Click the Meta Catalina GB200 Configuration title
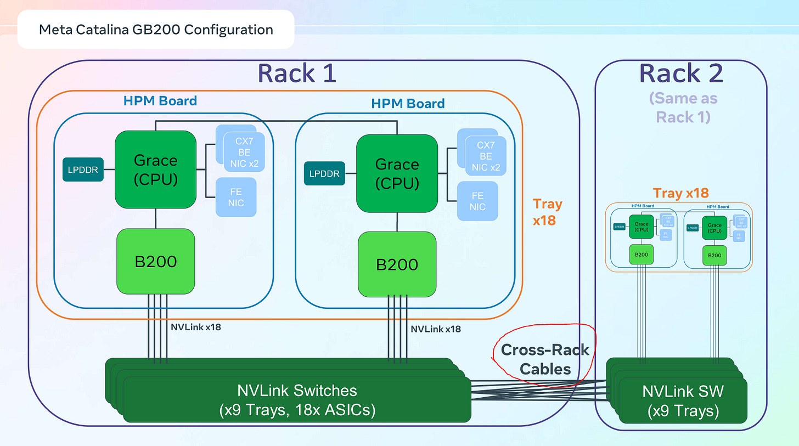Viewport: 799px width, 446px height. coord(156,29)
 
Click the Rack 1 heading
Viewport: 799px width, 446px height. coord(296,73)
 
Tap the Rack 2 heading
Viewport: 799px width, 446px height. coord(681,73)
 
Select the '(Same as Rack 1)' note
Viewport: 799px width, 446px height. coord(683,108)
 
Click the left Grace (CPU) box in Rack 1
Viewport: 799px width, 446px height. coord(155,169)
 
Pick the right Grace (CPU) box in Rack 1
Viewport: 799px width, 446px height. coord(397,173)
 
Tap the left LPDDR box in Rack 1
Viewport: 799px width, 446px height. coord(83,170)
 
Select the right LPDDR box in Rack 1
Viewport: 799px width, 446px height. coord(324,174)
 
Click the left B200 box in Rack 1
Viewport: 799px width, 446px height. coord(156,261)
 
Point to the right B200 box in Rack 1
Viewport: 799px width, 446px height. coord(397,264)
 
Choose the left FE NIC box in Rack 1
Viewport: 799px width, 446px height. coord(237,196)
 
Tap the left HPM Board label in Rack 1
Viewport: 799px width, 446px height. coord(160,100)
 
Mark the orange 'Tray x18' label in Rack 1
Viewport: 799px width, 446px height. coord(547,212)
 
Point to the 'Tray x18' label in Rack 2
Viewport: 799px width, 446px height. coord(680,193)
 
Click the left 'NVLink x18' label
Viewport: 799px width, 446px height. coord(196,327)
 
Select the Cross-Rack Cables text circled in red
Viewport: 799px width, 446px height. coord(545,359)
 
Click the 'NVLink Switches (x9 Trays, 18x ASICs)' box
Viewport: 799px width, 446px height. coord(297,400)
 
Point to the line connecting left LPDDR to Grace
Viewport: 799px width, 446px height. coord(109,170)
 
